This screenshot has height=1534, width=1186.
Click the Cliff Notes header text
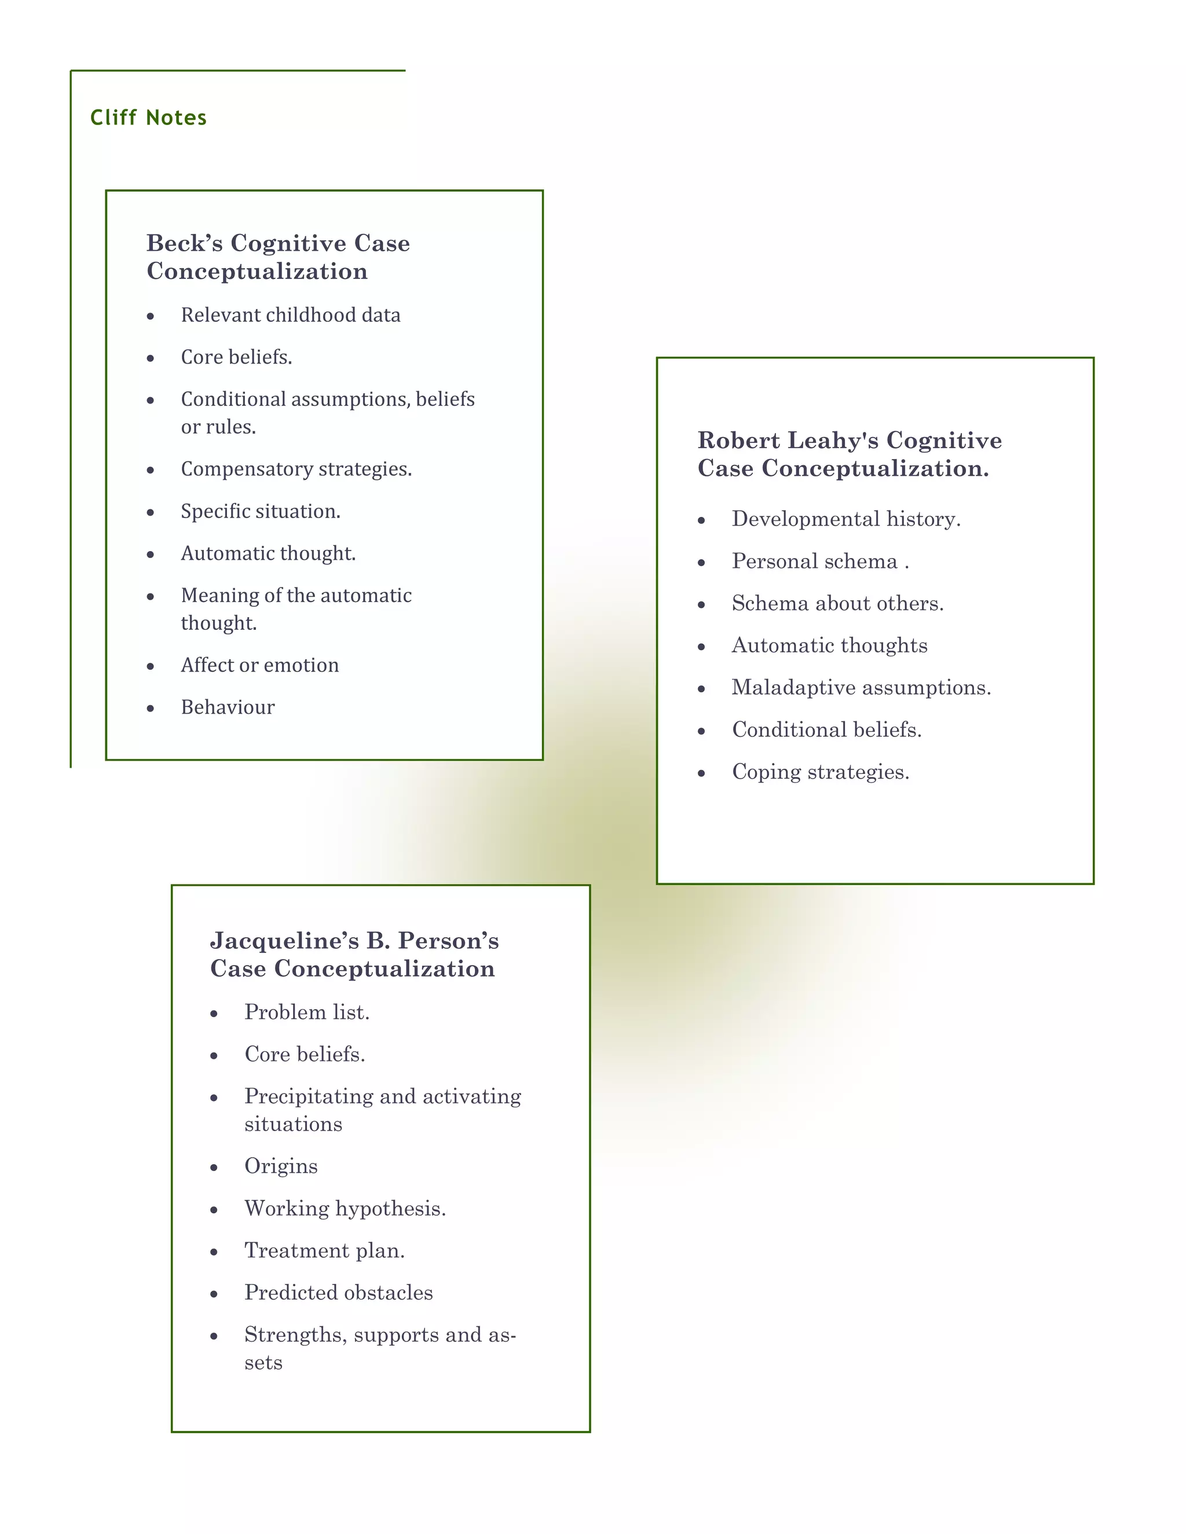pos(148,118)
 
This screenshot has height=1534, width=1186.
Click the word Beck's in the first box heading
pos(184,243)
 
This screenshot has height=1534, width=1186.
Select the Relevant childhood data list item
pos(290,315)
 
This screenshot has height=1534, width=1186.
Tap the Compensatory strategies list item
pos(296,469)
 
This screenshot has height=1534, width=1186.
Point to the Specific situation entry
pos(260,511)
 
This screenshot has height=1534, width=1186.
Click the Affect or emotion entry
pos(259,665)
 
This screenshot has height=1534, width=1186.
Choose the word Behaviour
pos(228,707)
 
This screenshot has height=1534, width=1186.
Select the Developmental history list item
pos(845,519)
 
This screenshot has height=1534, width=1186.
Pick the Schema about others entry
pos(837,603)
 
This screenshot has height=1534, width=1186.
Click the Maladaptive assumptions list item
pos(861,688)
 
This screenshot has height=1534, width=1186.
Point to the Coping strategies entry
pos(820,772)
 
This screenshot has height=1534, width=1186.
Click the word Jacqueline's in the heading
pos(284,941)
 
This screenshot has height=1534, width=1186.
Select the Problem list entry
pos(306,1012)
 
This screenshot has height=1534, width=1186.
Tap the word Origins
pos(280,1166)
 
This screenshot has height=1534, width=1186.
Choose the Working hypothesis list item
pos(345,1209)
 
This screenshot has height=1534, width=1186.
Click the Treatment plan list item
pos(324,1251)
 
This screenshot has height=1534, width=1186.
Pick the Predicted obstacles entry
pos(338,1293)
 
